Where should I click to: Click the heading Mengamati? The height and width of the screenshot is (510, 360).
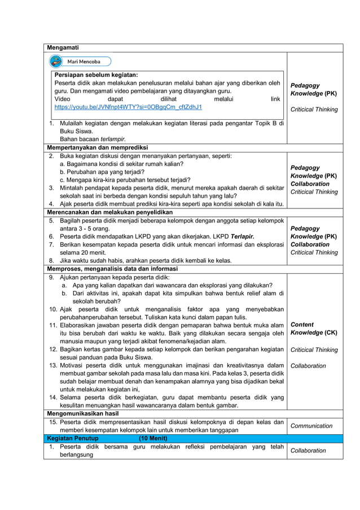click(63, 47)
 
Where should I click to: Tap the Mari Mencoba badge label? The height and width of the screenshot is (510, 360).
click(84, 61)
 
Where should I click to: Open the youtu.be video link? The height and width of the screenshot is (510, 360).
click(128, 107)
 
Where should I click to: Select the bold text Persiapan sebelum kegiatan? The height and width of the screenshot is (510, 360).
click(96, 75)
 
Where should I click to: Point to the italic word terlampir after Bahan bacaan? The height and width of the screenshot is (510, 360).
click(113, 139)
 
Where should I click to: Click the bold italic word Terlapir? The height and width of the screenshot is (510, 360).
click(242, 237)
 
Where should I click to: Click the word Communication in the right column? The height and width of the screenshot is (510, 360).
click(311, 426)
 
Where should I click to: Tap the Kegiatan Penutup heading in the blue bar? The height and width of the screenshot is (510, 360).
click(73, 438)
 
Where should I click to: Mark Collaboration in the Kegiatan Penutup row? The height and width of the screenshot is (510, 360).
click(308, 451)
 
